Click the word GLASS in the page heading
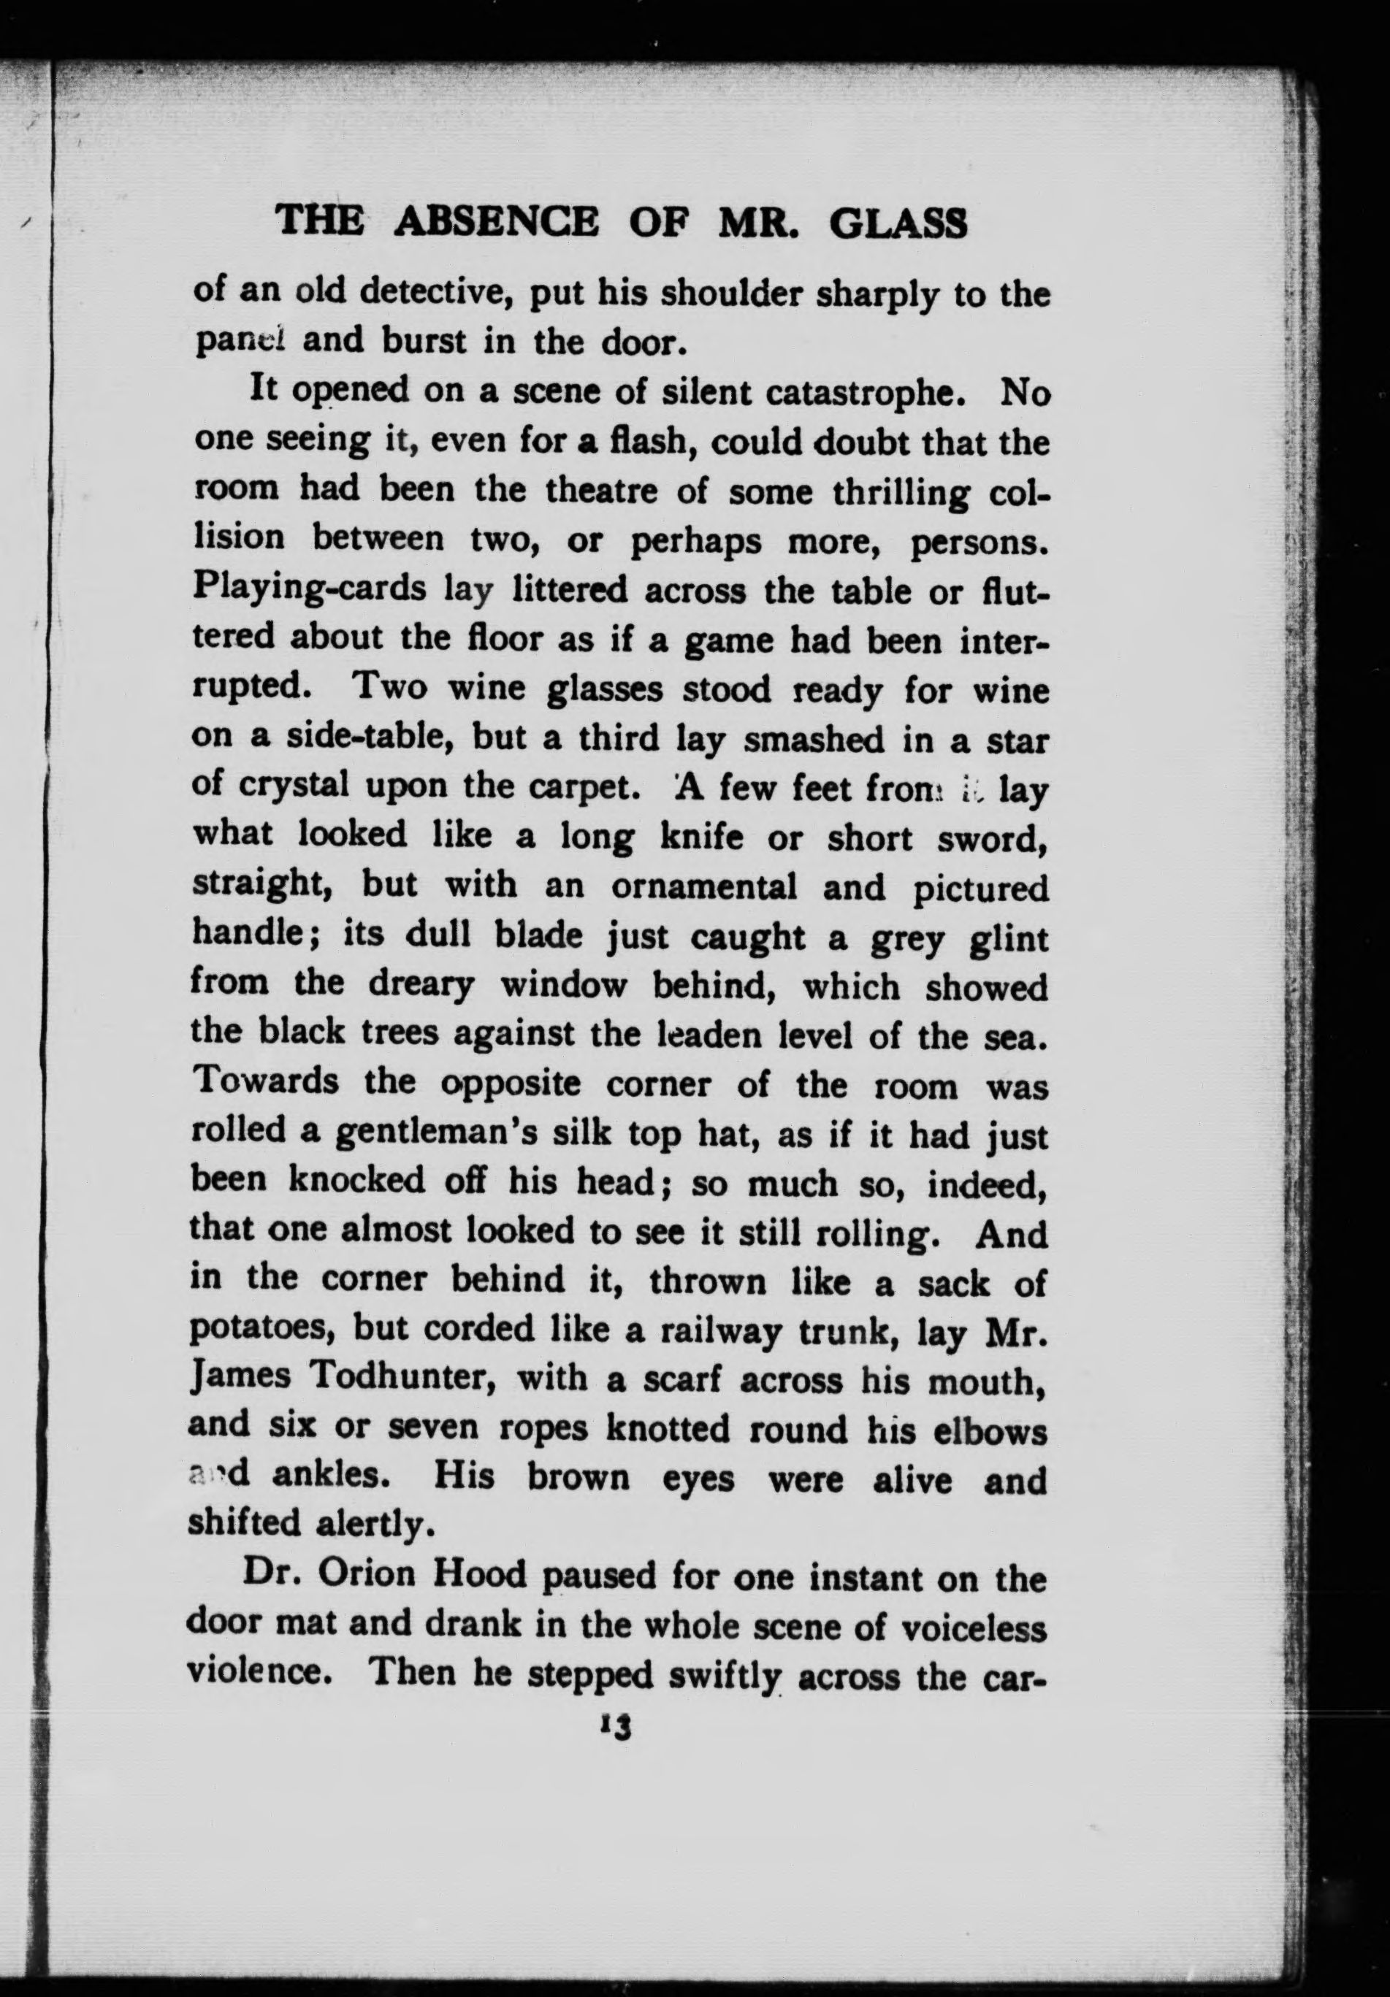click(898, 224)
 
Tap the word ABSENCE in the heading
click(497, 223)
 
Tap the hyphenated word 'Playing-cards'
click(309, 591)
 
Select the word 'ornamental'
click(705, 886)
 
